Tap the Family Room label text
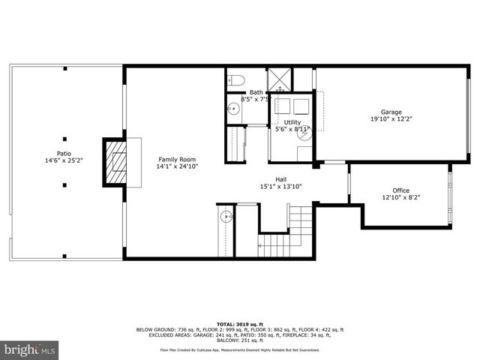click(176, 160)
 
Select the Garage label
click(391, 112)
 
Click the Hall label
click(280, 179)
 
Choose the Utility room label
click(292, 121)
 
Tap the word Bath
click(256, 92)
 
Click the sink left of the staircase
click(227, 218)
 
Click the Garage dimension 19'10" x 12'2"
click(391, 119)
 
